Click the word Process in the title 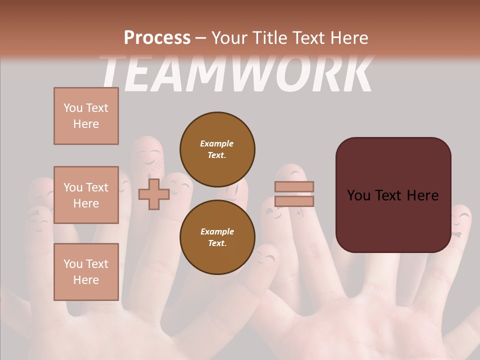(x=157, y=37)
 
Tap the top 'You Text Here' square (x=86, y=116)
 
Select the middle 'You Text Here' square (x=86, y=195)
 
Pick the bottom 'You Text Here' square (x=86, y=271)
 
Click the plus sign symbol (x=153, y=194)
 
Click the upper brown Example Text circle (x=217, y=149)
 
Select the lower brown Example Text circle (x=217, y=237)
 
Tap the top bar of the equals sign (x=294, y=186)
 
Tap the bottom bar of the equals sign (x=294, y=201)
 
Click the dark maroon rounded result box (x=393, y=195)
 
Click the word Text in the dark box (x=392, y=195)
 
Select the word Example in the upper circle (x=216, y=143)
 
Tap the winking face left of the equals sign (x=273, y=212)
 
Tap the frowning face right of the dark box (x=459, y=225)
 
